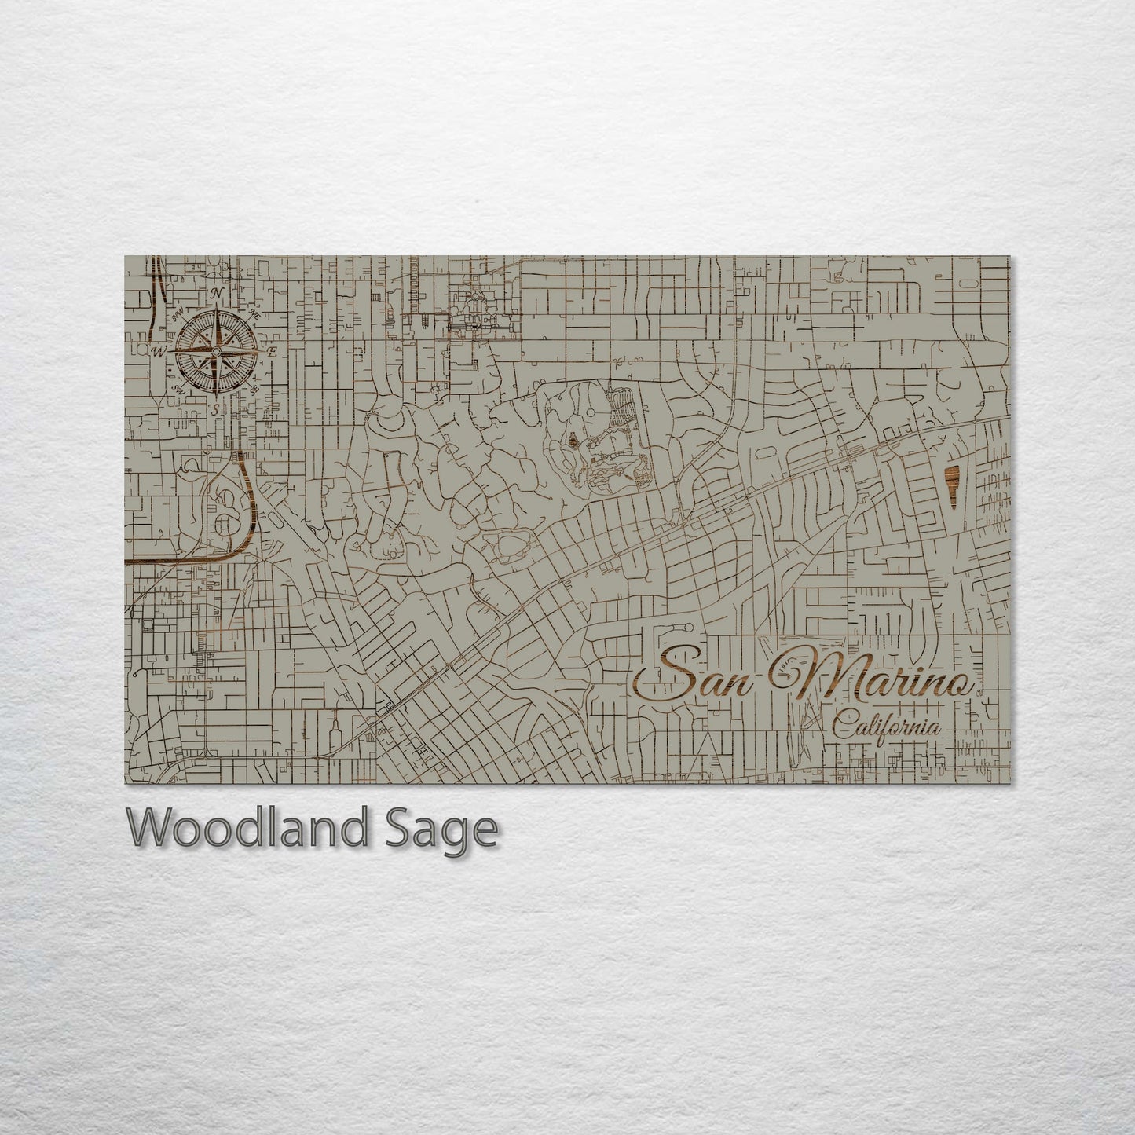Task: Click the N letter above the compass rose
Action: (218, 294)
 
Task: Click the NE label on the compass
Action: (254, 316)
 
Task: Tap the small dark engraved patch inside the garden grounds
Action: (573, 444)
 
